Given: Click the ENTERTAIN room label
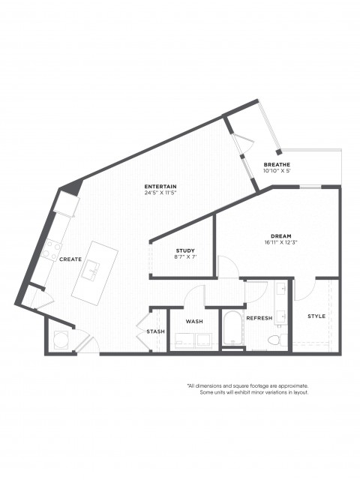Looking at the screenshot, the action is click(160, 187).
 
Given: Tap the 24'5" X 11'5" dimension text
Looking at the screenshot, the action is click(161, 193).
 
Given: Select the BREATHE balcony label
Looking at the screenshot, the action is click(277, 165).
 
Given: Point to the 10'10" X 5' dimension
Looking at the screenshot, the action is click(277, 171).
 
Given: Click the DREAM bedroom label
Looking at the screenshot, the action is click(281, 236).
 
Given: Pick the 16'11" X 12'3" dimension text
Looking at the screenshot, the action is click(281, 242).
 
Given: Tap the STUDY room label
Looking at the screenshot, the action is click(185, 250).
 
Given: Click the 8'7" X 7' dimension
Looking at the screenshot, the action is click(185, 257).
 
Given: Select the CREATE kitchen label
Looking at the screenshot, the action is click(70, 259).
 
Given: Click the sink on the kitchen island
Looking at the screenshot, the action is click(90, 270).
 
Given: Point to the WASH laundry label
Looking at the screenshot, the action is click(194, 322).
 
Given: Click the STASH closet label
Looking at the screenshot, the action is click(155, 331).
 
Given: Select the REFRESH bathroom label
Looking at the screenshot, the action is click(259, 318).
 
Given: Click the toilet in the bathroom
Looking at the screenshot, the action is click(277, 339).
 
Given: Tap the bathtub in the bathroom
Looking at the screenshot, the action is click(233, 328).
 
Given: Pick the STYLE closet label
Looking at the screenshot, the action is click(316, 316).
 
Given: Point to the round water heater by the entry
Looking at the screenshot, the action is click(60, 340).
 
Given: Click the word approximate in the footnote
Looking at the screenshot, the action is click(292, 385).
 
